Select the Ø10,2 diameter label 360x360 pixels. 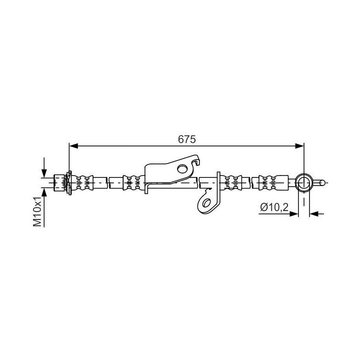pos(274,206)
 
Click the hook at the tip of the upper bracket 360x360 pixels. pos(199,160)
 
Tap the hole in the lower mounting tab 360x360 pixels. pos(205,202)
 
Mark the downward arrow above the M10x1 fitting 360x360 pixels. pos(45,170)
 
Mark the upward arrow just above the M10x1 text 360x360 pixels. pos(45,193)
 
